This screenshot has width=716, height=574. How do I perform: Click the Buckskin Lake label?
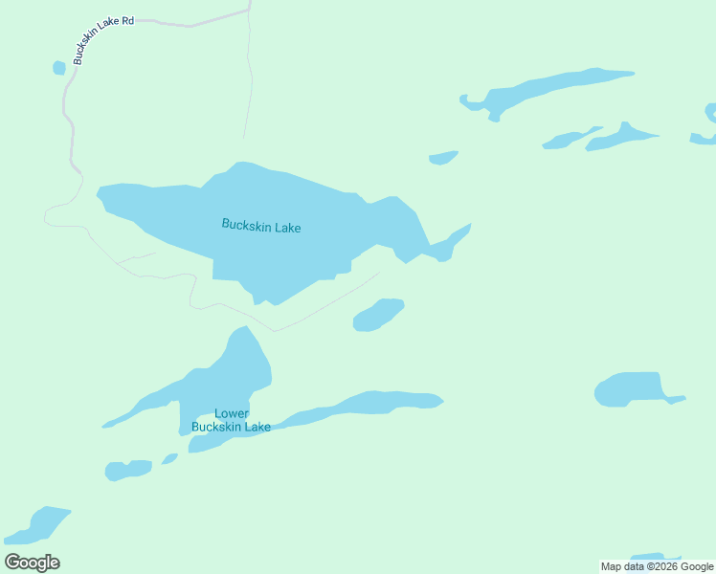click(x=261, y=227)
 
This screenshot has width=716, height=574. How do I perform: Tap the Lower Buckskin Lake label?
click(x=231, y=420)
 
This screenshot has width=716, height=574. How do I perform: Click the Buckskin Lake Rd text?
click(x=102, y=39)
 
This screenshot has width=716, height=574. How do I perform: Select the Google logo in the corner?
click(x=32, y=563)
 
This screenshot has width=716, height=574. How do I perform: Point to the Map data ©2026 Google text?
click(x=657, y=566)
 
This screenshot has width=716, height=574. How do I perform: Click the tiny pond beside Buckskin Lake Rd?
click(x=59, y=68)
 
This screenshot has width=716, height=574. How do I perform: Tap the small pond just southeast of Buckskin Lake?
click(x=378, y=315)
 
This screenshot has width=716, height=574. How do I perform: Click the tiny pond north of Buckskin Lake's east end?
click(x=442, y=158)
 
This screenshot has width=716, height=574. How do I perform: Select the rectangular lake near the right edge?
click(x=629, y=389)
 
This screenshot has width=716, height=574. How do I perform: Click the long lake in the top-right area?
click(x=555, y=88)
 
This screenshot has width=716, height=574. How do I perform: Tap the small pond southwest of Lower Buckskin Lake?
click(x=127, y=470)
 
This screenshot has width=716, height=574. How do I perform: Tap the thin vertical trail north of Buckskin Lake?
click(x=250, y=77)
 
